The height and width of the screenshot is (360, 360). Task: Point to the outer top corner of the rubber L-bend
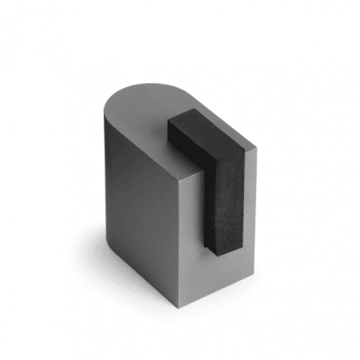(x=245, y=153)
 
